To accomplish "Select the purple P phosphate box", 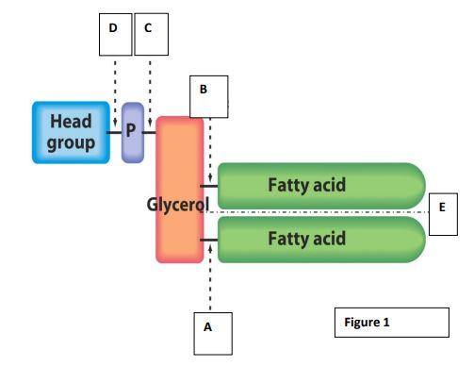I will tap(132, 133).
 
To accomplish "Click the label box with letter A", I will tap(208, 329).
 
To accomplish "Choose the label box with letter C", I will tap(148, 29).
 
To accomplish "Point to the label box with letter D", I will tap(113, 29).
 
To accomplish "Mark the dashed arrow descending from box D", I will tap(114, 85).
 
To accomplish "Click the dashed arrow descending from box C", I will tap(149, 85).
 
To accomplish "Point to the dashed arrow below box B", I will tap(210, 151).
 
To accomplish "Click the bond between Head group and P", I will tap(115, 133).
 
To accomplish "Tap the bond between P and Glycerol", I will tap(150, 133).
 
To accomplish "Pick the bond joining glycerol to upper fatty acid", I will tap(210, 186).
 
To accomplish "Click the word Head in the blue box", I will tap(71, 123).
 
